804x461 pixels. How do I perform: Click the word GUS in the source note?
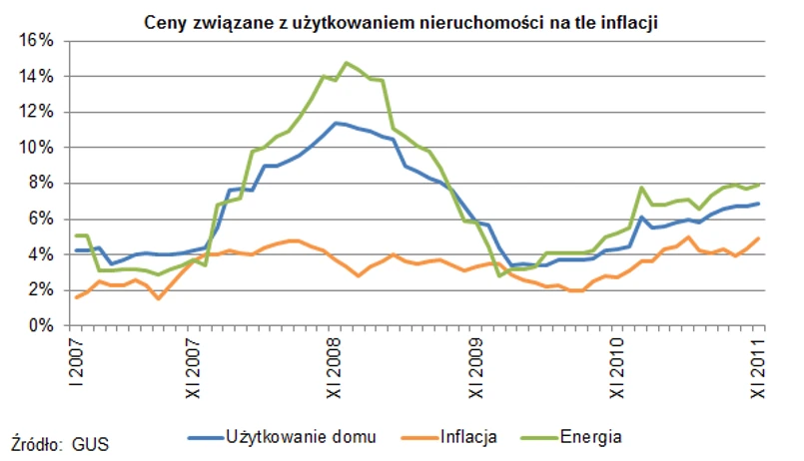pos(91,439)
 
